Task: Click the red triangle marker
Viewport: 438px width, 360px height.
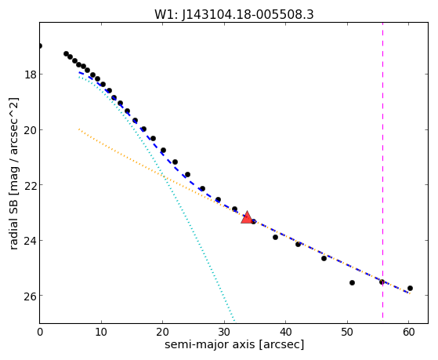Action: click(x=247, y=217)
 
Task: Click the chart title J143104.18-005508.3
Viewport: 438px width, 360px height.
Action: click(x=248, y=14)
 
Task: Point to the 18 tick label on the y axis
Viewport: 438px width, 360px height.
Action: click(x=31, y=75)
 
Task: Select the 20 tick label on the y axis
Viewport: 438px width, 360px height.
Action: click(x=31, y=130)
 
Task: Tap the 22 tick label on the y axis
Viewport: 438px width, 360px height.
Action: click(x=31, y=185)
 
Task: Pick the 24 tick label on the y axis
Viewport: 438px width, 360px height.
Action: click(x=31, y=241)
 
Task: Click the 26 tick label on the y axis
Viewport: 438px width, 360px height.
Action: click(x=31, y=296)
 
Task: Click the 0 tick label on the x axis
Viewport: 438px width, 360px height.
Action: click(x=40, y=332)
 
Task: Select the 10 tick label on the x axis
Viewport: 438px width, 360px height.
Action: click(x=101, y=332)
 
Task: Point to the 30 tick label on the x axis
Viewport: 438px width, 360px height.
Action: click(x=224, y=332)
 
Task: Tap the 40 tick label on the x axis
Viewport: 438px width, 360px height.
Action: click(x=285, y=332)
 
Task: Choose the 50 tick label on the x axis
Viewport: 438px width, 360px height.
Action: click(x=347, y=332)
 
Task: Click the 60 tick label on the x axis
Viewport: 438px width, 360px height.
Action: click(x=409, y=332)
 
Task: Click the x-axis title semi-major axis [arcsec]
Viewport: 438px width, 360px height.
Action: click(x=234, y=344)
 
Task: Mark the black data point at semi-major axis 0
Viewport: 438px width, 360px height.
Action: click(x=40, y=45)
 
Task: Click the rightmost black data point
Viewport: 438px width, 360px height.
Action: click(x=410, y=288)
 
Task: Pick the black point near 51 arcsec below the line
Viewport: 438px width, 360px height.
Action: click(x=352, y=283)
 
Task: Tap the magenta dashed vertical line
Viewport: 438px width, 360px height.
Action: click(x=382, y=170)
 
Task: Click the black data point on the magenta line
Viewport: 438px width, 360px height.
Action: click(x=382, y=282)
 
